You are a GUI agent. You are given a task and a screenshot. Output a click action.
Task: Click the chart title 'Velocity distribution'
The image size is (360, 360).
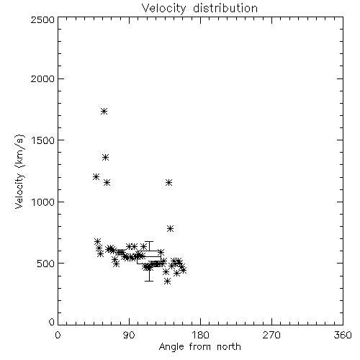click(x=199, y=9)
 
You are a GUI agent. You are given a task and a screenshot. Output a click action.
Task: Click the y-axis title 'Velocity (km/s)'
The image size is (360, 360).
click(x=19, y=171)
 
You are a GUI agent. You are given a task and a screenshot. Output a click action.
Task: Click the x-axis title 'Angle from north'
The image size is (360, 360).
click(x=199, y=346)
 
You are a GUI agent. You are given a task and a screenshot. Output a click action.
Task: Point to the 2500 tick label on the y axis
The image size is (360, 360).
click(x=42, y=19)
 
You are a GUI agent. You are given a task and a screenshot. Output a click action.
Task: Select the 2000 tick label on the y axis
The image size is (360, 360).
click(x=42, y=78)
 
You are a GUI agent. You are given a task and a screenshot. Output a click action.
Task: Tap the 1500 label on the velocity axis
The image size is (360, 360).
click(x=43, y=140)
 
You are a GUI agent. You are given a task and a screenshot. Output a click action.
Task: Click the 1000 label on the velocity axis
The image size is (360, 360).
click(x=43, y=202)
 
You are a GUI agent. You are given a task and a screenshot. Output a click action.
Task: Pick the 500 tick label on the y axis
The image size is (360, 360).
click(x=46, y=264)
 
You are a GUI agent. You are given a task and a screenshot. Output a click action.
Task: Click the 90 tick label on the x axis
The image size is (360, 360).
click(x=129, y=335)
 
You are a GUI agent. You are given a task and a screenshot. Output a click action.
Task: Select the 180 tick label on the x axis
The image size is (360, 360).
click(x=200, y=335)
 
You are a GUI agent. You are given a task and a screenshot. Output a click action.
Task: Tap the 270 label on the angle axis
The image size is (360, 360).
click(x=271, y=335)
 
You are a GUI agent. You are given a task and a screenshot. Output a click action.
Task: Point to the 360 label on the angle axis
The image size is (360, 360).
click(x=343, y=335)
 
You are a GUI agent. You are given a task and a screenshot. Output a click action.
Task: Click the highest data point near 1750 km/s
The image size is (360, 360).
click(x=104, y=111)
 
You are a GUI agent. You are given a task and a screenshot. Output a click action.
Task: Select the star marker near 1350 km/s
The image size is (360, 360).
click(x=105, y=158)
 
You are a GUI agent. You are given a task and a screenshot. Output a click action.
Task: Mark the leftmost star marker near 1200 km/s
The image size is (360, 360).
click(x=96, y=177)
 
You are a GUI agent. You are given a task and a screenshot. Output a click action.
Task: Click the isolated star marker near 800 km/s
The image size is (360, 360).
click(x=170, y=228)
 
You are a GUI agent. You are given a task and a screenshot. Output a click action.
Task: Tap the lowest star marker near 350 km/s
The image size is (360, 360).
click(x=168, y=282)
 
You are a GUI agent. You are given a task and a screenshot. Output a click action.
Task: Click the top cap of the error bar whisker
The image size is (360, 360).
click(x=149, y=242)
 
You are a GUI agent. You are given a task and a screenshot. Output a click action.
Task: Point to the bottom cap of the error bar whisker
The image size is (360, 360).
click(x=149, y=281)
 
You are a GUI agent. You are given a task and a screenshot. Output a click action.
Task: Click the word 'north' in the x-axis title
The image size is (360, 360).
click(x=229, y=346)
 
